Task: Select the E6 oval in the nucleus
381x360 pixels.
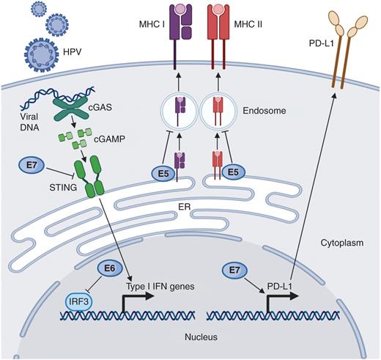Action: click(108, 271)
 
